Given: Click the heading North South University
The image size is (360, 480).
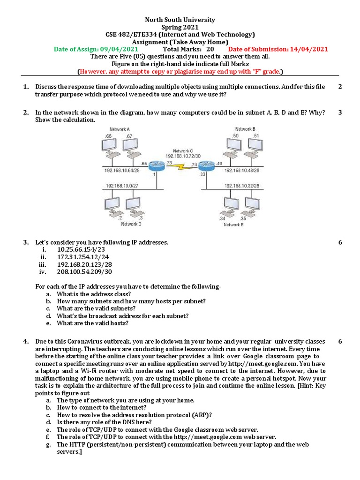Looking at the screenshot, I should [x=180, y=20].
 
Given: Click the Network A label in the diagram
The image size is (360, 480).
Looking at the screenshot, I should [x=120, y=129].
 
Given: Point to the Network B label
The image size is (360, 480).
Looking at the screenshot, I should [x=245, y=129].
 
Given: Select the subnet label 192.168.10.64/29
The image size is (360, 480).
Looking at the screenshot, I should [x=122, y=171].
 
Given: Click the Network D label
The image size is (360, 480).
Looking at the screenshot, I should [x=131, y=224].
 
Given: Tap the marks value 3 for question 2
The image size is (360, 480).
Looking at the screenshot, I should [x=340, y=112].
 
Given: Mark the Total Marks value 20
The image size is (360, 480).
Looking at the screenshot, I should [x=210, y=49].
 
